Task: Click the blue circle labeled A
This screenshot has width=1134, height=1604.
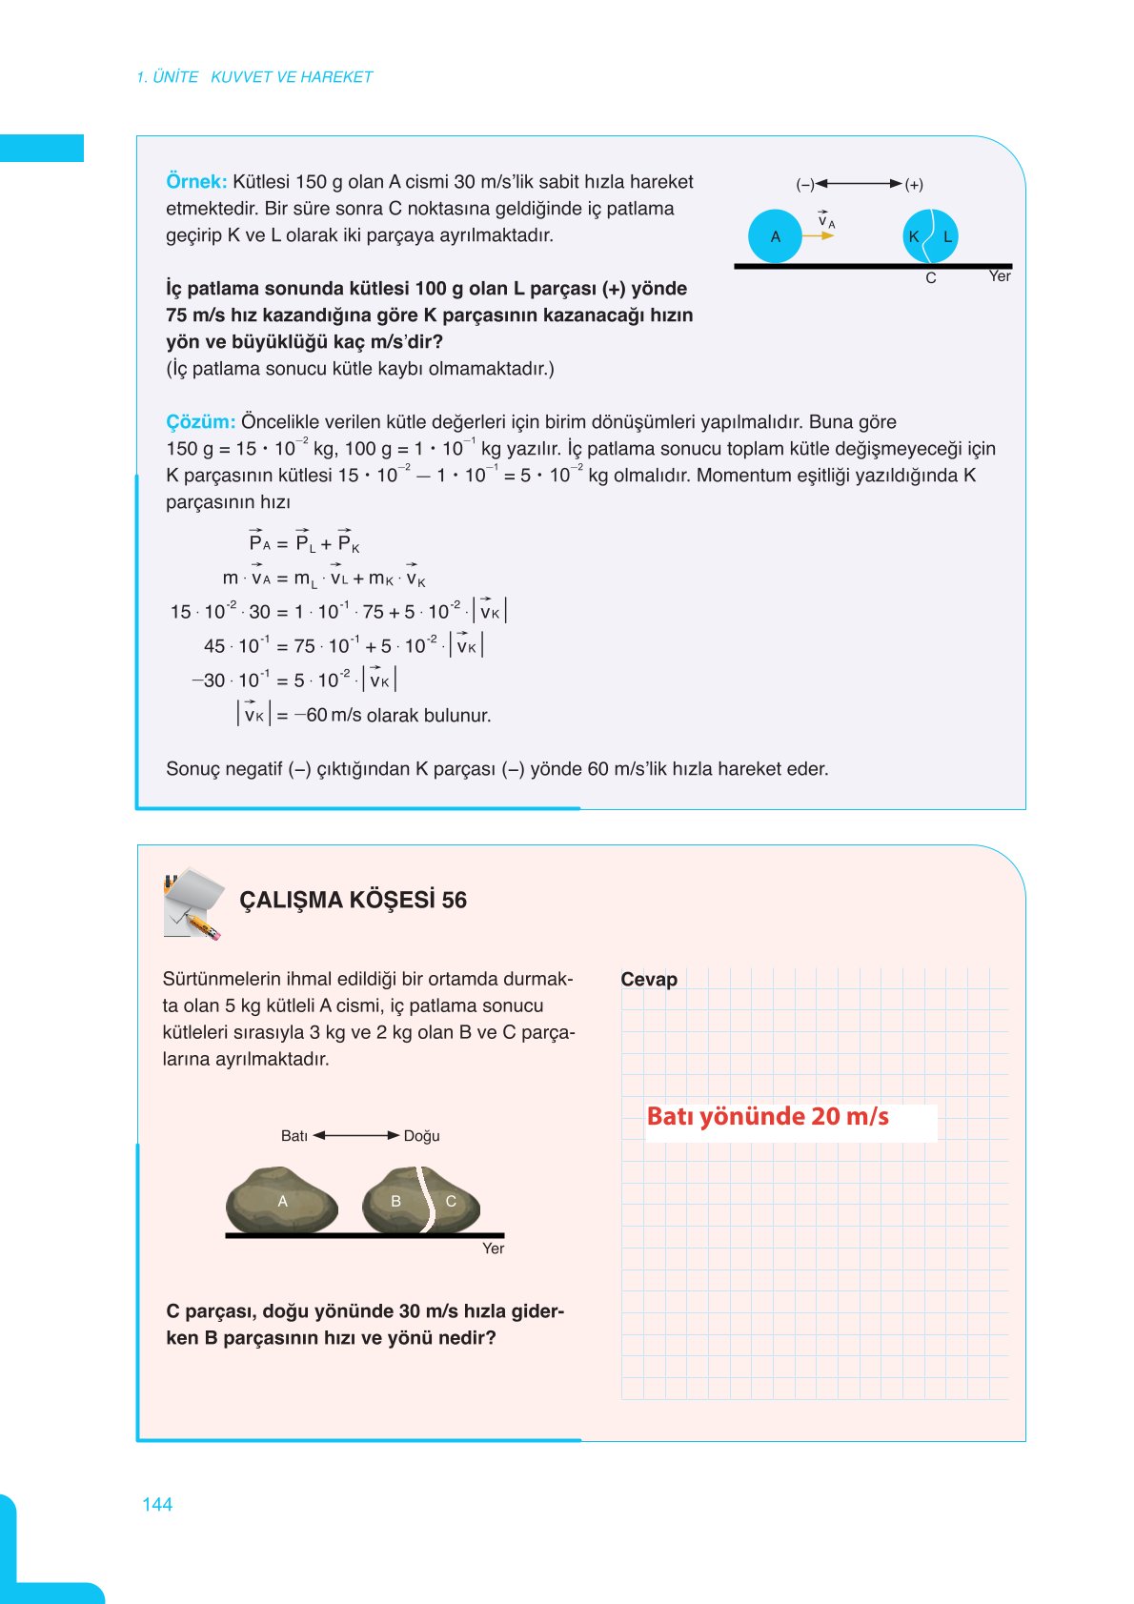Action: tap(775, 236)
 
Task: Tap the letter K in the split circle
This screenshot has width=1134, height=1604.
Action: tap(914, 236)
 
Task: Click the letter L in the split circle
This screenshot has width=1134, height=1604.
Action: tap(947, 236)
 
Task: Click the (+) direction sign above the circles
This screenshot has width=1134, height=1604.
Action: tap(914, 184)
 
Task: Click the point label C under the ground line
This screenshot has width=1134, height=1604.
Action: tap(931, 278)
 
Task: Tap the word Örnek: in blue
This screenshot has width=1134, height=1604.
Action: tap(196, 182)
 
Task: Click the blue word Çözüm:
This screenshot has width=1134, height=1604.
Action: tap(200, 422)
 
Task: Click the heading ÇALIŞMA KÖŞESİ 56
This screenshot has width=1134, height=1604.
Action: tap(353, 901)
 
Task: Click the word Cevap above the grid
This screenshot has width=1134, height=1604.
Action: tap(649, 980)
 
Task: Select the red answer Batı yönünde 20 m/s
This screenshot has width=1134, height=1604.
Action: tap(767, 1117)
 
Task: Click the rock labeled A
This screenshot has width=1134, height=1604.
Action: tap(282, 1201)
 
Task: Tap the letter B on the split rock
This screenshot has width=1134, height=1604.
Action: tap(396, 1201)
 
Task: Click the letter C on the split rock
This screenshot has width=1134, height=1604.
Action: tap(451, 1201)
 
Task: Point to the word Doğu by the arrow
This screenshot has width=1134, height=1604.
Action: tap(421, 1136)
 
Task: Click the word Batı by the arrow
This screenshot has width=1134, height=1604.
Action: tap(294, 1136)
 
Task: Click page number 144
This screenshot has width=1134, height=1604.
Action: tap(157, 1505)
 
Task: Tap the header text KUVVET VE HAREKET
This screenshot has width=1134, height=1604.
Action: tap(292, 77)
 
